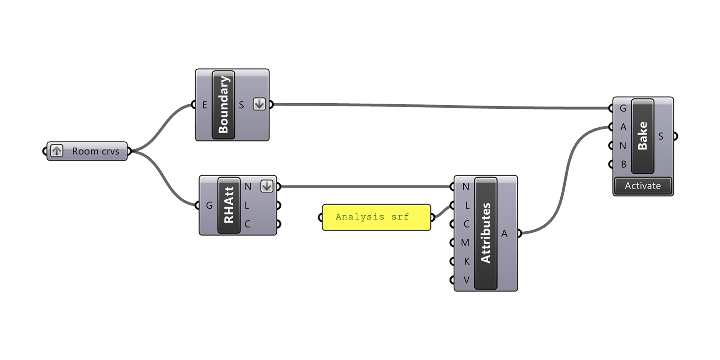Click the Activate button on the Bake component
tap(643, 186)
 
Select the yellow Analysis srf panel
tap(376, 217)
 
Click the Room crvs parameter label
tap(95, 152)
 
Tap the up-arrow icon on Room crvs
tap(57, 151)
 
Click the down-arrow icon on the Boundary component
tap(259, 104)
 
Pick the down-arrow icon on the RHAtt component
tap(266, 186)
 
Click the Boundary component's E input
tap(205, 105)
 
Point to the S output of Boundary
tap(241, 105)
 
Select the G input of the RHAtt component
tap(209, 206)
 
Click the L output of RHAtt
tap(247, 206)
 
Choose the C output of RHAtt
tap(247, 224)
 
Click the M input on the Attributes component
tap(465, 243)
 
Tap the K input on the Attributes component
tap(466, 262)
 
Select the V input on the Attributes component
tap(466, 280)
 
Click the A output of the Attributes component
tap(504, 234)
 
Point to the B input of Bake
tap(623, 164)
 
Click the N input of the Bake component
tap(623, 146)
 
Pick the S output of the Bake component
tap(661, 136)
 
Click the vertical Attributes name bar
tap(486, 233)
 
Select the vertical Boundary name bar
tap(223, 105)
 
